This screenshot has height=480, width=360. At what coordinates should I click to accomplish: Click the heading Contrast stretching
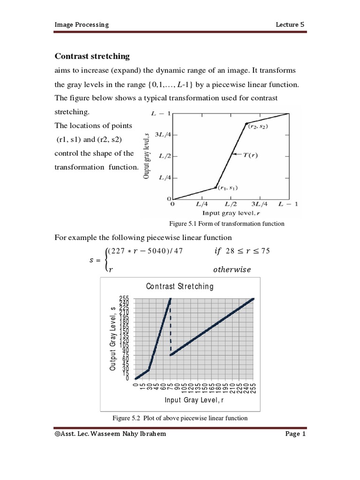tap(92, 56)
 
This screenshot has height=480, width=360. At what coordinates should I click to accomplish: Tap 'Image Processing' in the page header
tap(82, 24)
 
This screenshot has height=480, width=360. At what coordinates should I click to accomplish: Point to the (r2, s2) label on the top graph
tap(258, 127)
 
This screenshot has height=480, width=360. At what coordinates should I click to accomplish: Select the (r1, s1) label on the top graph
tap(227, 188)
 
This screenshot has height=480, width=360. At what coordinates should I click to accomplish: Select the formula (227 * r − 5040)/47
tap(145, 251)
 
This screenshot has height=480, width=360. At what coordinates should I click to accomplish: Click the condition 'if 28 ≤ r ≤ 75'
tap(241, 251)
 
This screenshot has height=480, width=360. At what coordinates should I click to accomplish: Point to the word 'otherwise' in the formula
tap(232, 270)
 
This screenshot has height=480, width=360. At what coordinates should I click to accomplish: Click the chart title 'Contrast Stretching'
tap(180, 286)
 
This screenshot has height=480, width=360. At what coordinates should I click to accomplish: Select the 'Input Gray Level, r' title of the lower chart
tap(194, 400)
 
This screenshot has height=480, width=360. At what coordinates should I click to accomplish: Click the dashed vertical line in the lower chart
tap(170, 328)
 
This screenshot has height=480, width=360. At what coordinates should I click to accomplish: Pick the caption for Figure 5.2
tap(180, 418)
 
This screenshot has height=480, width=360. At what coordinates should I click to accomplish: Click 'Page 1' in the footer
tap(295, 435)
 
